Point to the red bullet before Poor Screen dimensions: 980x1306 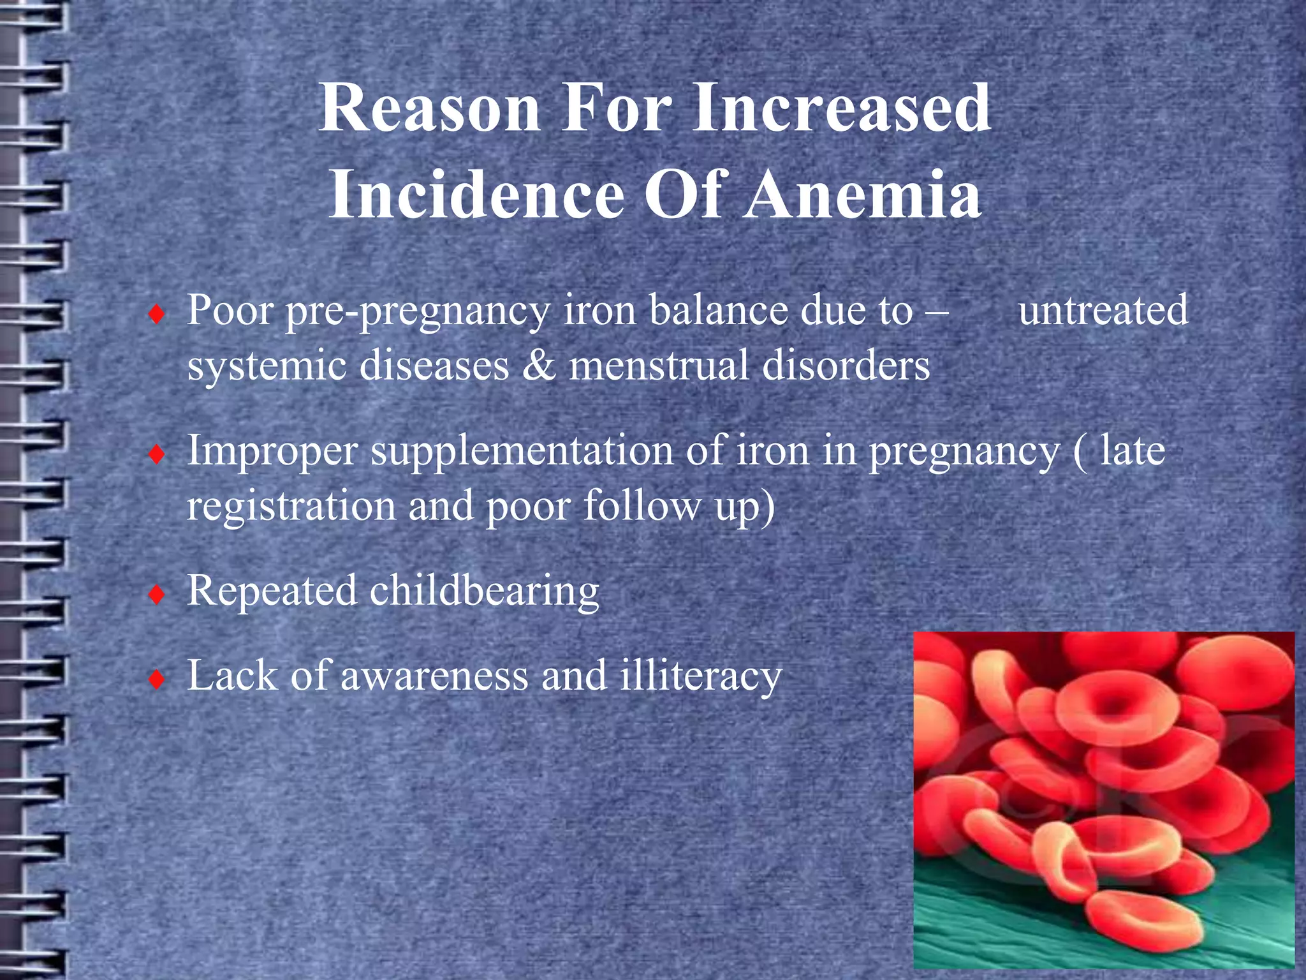tap(156, 315)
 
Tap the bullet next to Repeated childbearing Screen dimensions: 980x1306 tap(156, 595)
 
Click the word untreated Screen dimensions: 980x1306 tap(1103, 311)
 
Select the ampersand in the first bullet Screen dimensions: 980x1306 tap(538, 366)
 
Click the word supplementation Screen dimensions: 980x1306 tap(522, 452)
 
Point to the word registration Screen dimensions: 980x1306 tap(291, 506)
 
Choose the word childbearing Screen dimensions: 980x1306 tap(484, 591)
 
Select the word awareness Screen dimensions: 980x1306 tap(434, 676)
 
